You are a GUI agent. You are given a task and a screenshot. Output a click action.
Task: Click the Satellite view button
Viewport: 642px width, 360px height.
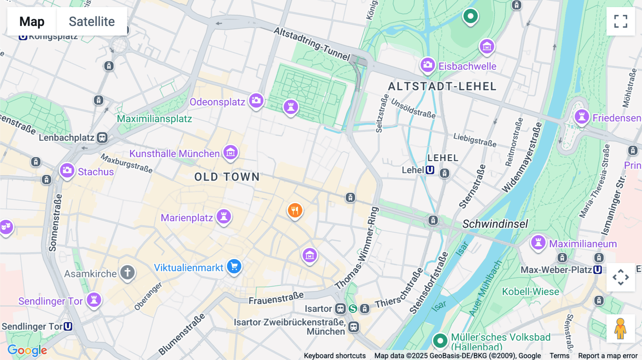point(92,21)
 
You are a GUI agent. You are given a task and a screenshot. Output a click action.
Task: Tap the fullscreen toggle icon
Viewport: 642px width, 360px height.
point(621,21)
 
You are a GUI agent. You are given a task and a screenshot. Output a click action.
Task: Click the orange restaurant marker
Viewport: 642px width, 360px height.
point(295,211)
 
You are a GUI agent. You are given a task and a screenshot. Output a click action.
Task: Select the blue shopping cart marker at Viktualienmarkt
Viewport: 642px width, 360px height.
point(234,266)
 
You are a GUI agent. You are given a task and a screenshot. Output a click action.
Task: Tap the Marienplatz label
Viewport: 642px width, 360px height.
point(187,218)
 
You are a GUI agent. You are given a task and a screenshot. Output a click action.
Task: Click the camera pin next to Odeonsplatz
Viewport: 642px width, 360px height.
point(256,101)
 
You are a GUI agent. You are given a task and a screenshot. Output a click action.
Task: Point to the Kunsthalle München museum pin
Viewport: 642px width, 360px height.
point(231,153)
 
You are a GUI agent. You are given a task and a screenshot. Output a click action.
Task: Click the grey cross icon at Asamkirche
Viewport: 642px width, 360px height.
point(127,273)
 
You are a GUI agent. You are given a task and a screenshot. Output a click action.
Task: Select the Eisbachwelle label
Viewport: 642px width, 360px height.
point(467,66)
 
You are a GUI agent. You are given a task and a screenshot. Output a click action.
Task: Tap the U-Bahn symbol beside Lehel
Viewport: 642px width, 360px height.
point(430,170)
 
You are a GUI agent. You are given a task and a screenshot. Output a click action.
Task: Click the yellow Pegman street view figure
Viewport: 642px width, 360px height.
point(620,329)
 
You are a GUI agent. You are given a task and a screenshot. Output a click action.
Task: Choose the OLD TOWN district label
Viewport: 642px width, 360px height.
point(227,177)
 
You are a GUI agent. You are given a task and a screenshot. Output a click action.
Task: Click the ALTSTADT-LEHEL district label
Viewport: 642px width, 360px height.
point(442,87)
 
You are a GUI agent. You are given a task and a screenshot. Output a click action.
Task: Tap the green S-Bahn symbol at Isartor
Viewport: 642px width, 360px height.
point(353,309)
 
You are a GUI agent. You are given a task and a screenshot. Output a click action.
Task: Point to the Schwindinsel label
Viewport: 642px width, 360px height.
point(495,224)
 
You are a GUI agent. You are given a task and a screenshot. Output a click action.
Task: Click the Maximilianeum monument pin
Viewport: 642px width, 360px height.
point(538,243)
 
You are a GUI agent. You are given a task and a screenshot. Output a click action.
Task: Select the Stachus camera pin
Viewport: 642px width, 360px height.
point(67,171)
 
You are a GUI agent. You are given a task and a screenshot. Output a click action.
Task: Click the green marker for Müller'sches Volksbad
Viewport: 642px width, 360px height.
point(440,341)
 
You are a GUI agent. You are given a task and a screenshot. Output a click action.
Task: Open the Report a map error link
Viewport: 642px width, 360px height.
point(608,356)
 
